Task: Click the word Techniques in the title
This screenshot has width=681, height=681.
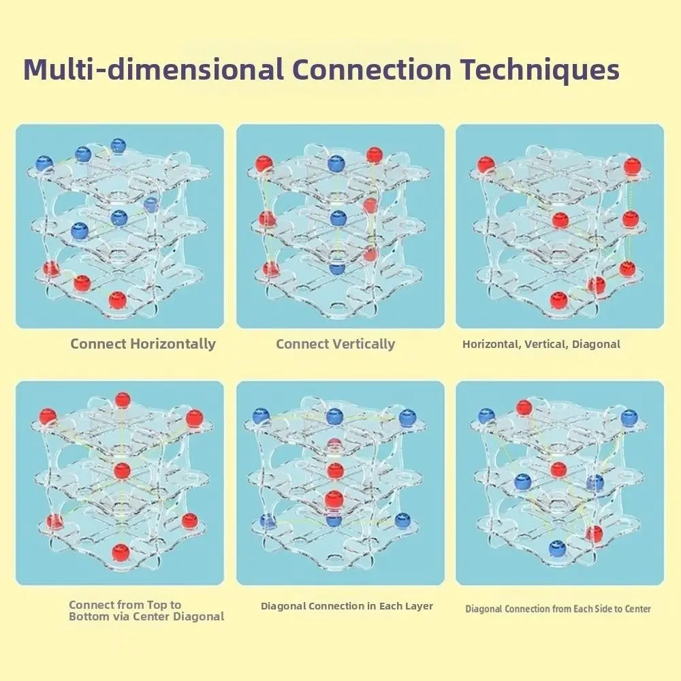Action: [539, 70]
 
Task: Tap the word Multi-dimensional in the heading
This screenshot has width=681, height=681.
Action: [153, 70]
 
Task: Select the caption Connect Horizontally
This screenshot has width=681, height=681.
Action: [143, 344]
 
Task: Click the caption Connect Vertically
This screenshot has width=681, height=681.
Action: [335, 344]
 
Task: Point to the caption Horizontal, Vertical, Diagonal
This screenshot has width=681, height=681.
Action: [541, 345]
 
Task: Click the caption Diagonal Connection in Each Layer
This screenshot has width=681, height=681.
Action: [347, 606]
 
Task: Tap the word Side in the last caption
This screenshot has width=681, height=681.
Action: [591, 609]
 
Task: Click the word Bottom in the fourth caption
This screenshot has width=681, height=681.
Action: [88, 616]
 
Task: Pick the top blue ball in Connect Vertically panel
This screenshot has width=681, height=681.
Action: [336, 163]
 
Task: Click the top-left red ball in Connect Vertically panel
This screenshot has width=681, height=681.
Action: [264, 163]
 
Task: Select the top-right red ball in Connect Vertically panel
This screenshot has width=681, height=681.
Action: [374, 155]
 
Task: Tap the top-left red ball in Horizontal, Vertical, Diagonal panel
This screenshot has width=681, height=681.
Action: [486, 165]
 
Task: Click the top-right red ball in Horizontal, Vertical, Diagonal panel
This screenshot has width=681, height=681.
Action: [632, 165]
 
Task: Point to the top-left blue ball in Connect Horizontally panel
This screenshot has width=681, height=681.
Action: [44, 163]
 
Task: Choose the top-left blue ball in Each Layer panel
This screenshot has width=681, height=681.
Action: [259, 415]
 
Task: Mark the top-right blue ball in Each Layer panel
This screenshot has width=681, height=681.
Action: [407, 417]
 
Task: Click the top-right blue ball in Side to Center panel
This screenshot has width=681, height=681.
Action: [629, 417]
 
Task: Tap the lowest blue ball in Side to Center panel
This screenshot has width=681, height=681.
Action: [557, 548]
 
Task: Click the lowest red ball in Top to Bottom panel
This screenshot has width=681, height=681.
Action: [121, 550]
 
